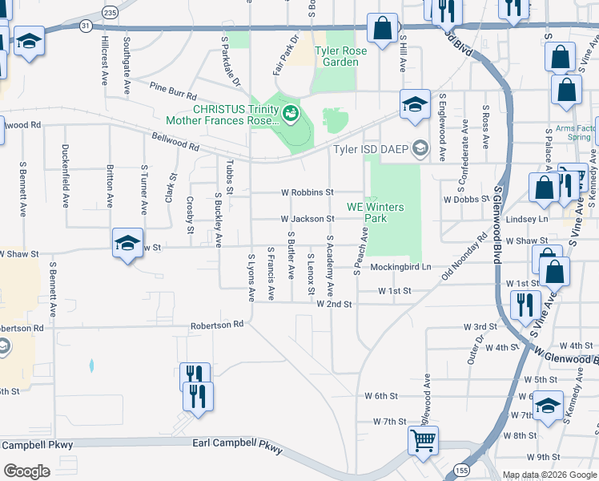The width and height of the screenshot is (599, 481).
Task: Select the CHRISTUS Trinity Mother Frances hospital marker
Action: pyautogui.click(x=290, y=114)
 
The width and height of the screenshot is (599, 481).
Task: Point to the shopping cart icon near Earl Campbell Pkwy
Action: pyautogui.click(x=423, y=439)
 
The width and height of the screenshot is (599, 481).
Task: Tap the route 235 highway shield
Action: pyautogui.click(x=111, y=13)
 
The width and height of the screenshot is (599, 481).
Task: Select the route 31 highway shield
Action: pyautogui.click(x=85, y=26)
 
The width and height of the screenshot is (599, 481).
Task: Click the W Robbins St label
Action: pyautogui.click(x=307, y=192)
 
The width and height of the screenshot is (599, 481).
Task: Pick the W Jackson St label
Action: pyautogui.click(x=307, y=219)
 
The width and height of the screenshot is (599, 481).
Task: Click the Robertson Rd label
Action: pyautogui.click(x=216, y=325)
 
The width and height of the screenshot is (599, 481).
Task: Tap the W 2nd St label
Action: pyautogui.click(x=334, y=305)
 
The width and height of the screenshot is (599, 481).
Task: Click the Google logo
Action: pyautogui.click(x=26, y=471)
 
